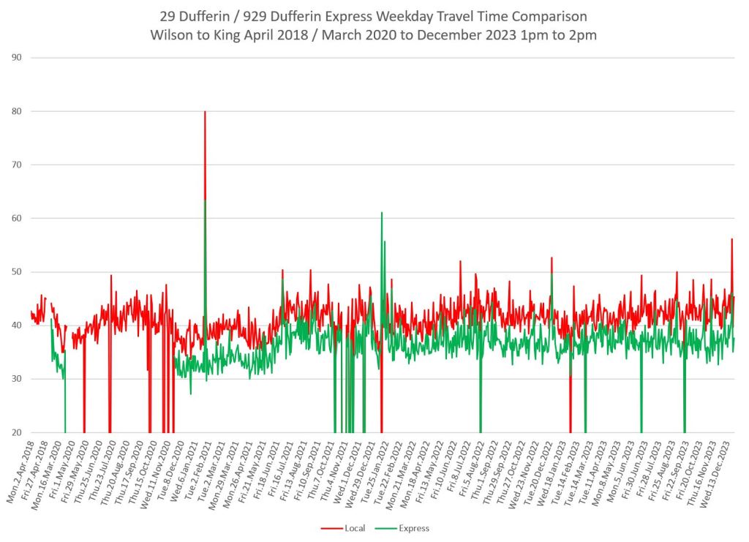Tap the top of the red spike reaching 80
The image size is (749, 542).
tap(205, 112)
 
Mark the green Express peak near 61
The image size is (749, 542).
tap(381, 213)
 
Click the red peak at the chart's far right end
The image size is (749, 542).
tap(731, 239)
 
